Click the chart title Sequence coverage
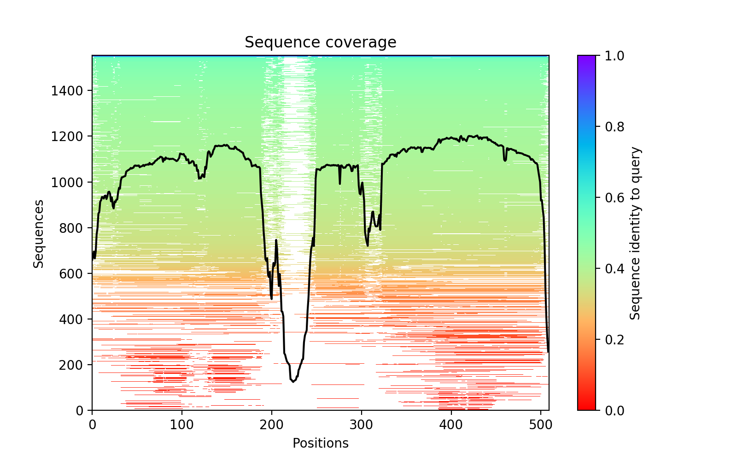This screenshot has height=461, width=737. [x=320, y=42]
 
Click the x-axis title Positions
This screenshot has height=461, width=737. [x=320, y=443]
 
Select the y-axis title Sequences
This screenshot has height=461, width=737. [x=39, y=233]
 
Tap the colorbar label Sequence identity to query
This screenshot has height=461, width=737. [x=635, y=233]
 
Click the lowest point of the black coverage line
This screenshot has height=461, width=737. [x=293, y=382]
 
